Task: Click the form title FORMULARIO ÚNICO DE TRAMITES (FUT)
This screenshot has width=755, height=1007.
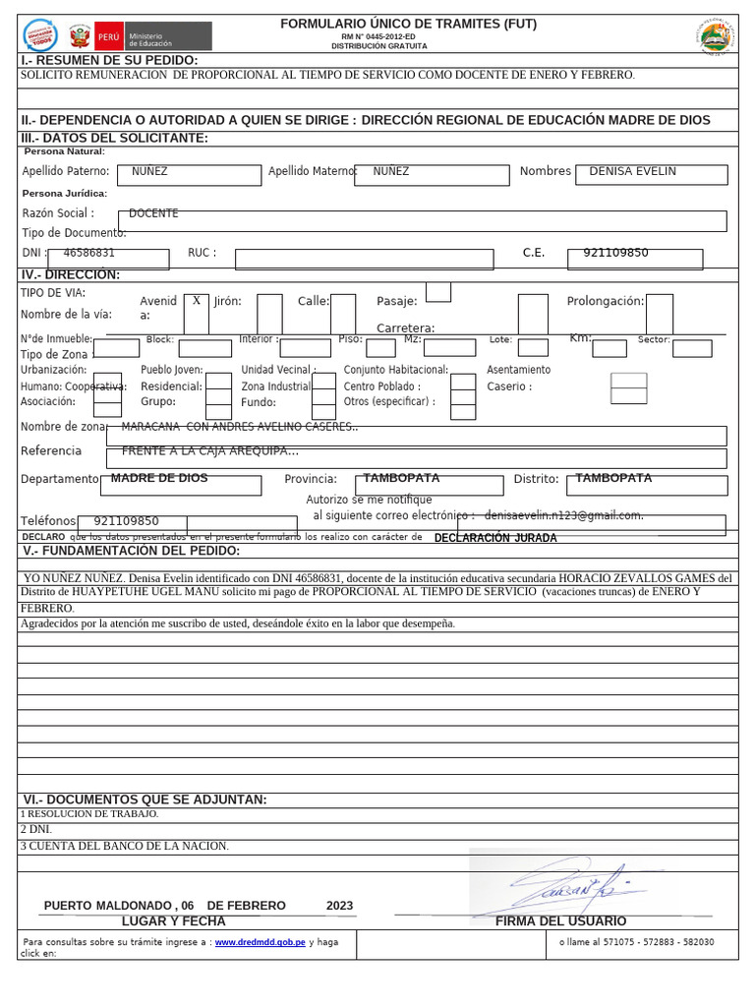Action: click(408, 24)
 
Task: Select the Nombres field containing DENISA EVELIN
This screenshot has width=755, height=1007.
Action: click(652, 174)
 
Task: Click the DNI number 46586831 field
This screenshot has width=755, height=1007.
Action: click(108, 258)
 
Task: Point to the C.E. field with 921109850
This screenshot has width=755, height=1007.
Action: click(635, 258)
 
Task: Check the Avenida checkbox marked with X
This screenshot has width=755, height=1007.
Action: click(197, 302)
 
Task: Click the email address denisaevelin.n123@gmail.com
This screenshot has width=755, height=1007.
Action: click(563, 515)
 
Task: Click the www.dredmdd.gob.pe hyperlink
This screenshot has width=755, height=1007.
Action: click(260, 942)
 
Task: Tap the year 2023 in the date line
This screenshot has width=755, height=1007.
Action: click(339, 906)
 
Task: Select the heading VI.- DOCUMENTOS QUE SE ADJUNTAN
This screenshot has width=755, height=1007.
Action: click(145, 800)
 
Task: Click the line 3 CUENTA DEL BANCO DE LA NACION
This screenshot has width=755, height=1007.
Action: click(125, 846)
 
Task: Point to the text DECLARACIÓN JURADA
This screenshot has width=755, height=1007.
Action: click(495, 538)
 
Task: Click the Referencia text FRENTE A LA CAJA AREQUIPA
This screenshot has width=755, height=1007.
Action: click(209, 451)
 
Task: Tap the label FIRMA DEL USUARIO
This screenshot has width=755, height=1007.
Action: click(560, 921)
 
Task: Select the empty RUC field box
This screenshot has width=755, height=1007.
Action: click(364, 259)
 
